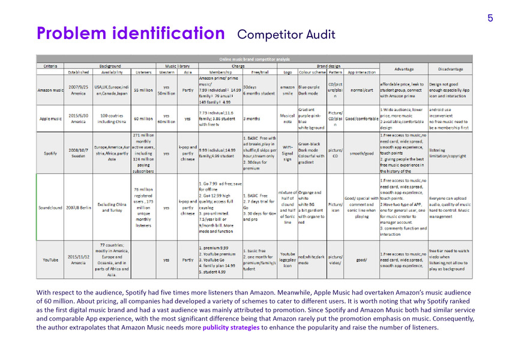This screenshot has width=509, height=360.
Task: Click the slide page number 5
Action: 490,18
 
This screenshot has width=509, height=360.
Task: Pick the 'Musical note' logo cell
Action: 288,119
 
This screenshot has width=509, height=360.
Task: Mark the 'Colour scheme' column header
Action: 313,73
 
